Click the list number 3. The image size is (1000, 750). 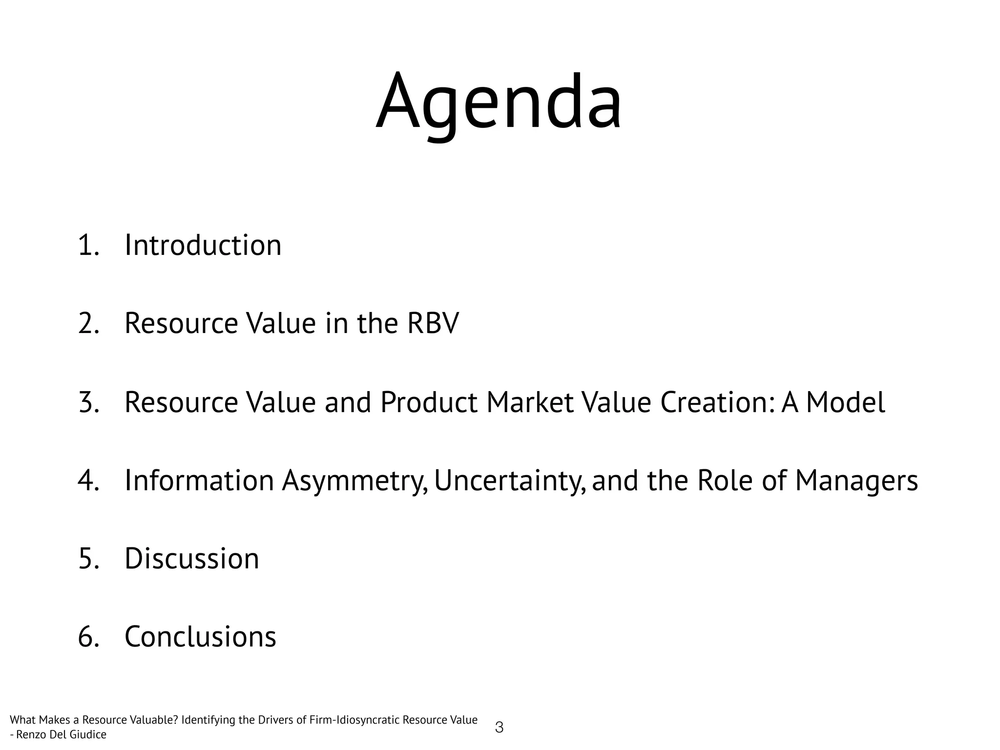pos(88,402)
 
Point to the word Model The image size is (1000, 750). pos(845,402)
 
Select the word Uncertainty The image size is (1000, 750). pos(509,481)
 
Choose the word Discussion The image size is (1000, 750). pos(191,559)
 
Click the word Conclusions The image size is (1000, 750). pos(200,637)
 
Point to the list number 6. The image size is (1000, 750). pos(88,637)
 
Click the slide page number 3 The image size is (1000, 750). pos(499,728)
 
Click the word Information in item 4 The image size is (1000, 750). pos(199,481)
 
